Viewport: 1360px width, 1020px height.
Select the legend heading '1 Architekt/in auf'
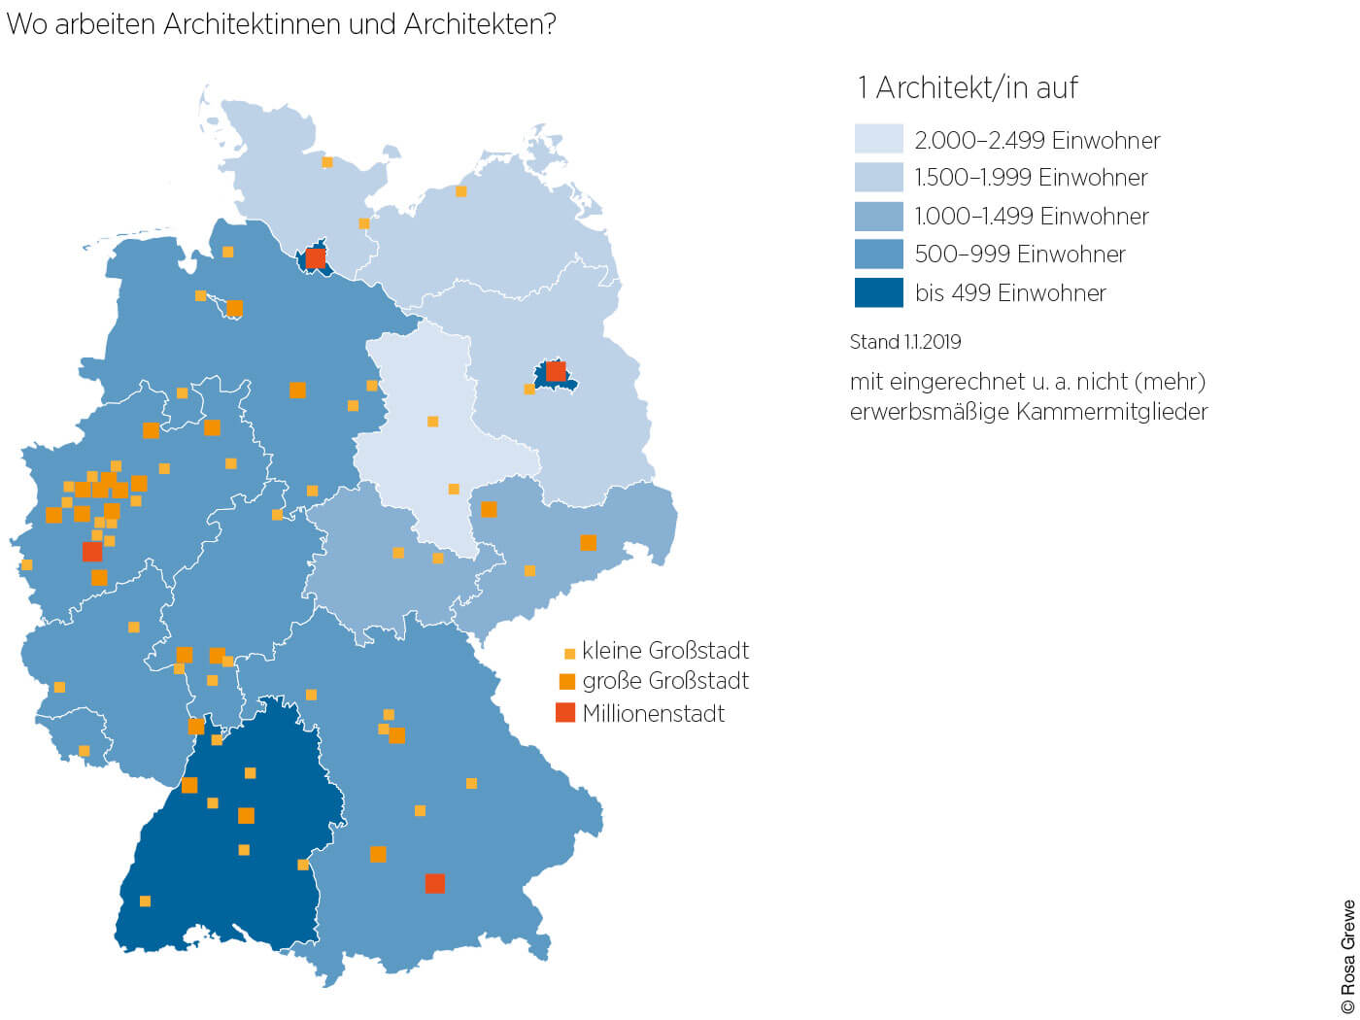click(967, 88)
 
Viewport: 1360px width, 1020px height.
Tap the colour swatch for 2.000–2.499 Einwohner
click(878, 139)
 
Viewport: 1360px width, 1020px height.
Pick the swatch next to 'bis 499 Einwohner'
click(878, 292)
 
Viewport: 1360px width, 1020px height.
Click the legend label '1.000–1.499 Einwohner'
click(1031, 216)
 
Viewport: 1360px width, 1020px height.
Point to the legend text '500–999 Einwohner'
click(1019, 255)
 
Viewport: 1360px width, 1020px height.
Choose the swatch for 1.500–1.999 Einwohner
click(878, 177)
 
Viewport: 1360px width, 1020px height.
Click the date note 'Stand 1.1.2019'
click(904, 342)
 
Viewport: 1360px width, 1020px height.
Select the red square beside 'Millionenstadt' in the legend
click(565, 713)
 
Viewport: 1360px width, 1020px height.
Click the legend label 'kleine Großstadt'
click(665, 651)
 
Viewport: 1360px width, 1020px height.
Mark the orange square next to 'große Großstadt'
click(567, 681)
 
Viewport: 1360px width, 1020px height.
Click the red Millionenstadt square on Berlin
click(556, 371)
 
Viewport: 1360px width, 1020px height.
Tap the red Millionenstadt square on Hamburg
click(316, 258)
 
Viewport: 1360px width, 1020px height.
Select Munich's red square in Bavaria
click(435, 883)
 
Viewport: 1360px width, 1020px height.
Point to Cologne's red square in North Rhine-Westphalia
click(92, 552)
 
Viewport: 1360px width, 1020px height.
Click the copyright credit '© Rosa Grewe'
click(1347, 958)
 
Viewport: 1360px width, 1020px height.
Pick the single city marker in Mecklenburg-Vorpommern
click(461, 191)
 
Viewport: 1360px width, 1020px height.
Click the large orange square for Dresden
click(588, 543)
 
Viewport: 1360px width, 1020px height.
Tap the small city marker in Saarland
click(85, 751)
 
